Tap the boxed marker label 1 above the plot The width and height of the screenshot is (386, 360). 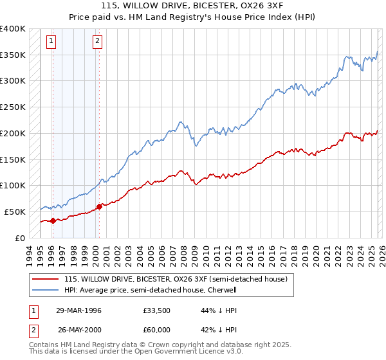pyautogui.click(x=51, y=42)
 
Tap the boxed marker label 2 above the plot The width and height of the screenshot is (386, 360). pyautogui.click(x=97, y=42)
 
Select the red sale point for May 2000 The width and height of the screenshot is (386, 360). pyautogui.click(x=100, y=206)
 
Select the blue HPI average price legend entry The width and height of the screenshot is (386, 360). pyautogui.click(x=151, y=290)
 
